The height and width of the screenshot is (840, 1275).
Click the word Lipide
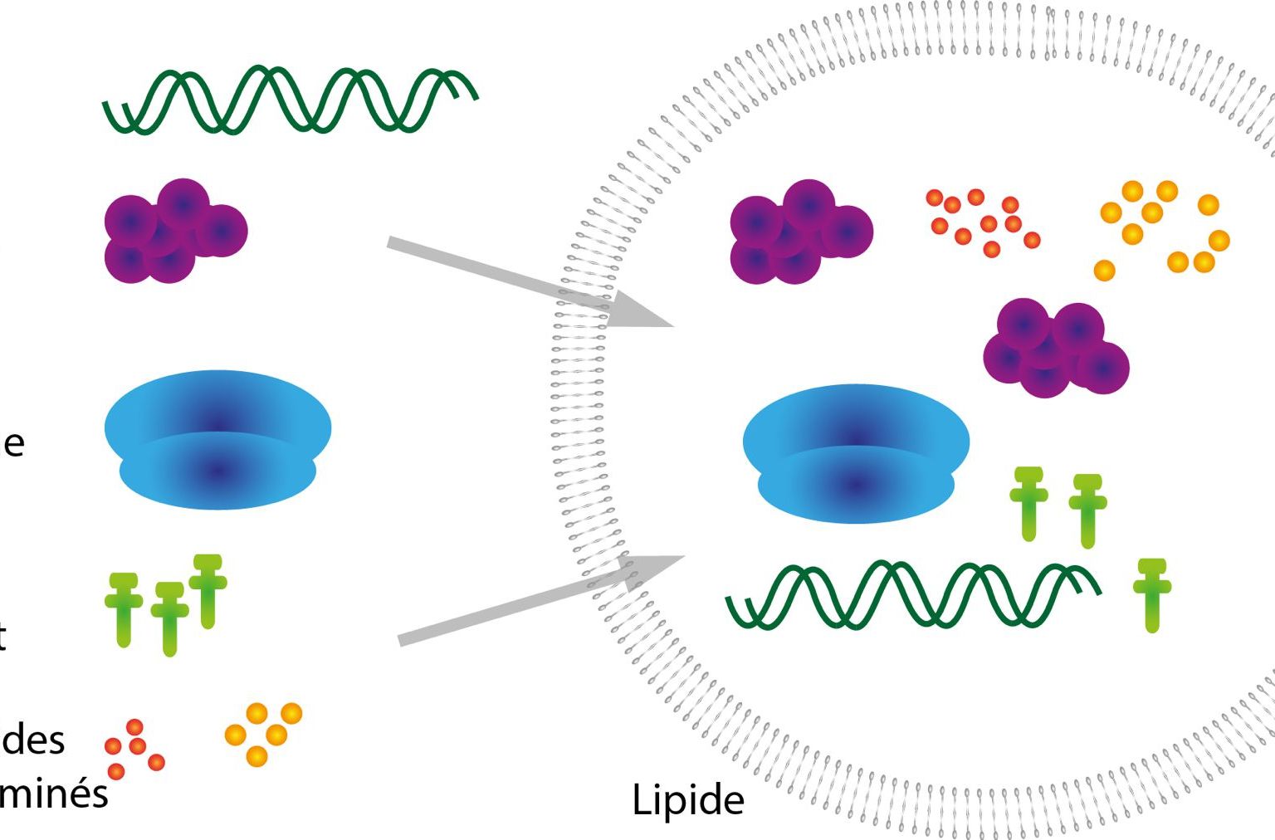click(687, 801)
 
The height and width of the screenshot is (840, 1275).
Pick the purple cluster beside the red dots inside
click(800, 232)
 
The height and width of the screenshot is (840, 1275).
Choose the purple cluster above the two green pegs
click(1055, 349)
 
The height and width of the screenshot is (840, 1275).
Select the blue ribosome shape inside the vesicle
click(856, 454)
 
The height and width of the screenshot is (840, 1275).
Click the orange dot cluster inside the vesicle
click(1162, 228)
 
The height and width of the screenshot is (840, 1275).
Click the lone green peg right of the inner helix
click(1151, 594)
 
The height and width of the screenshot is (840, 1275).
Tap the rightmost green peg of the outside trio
click(208, 589)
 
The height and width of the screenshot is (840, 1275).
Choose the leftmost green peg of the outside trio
click(124, 608)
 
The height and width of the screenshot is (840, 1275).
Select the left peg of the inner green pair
click(1028, 503)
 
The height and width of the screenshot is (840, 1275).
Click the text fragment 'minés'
click(54, 794)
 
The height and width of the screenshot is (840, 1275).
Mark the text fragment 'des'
click(33, 740)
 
